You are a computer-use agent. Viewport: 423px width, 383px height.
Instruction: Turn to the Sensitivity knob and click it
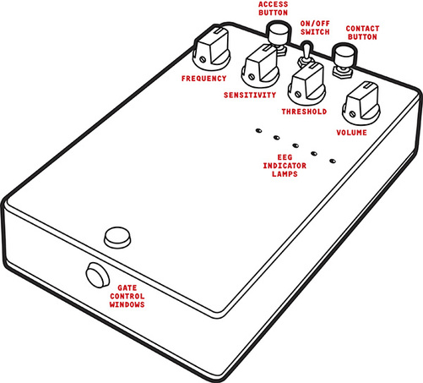260,65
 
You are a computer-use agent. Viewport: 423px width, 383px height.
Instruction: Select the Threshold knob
306,84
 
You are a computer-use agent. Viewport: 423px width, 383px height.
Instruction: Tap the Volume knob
361,103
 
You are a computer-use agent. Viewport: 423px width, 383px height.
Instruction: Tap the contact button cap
344,55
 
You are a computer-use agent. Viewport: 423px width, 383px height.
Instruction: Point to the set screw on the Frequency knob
203,59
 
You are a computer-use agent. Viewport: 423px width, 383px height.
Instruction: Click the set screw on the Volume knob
352,114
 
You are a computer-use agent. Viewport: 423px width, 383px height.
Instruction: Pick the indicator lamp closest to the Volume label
333,161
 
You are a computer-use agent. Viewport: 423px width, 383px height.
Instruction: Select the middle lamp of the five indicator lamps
296,145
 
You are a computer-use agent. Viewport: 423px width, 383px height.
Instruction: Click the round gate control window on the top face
117,238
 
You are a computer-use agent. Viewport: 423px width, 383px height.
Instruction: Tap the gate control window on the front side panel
97,275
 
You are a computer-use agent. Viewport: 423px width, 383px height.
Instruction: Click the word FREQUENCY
204,79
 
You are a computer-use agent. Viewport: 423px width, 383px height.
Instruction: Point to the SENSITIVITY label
250,95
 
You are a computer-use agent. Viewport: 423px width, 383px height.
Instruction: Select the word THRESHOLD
304,112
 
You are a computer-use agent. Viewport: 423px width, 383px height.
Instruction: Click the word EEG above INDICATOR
285,157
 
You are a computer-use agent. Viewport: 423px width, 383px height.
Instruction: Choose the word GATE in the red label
127,287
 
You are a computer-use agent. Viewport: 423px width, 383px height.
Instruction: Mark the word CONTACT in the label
362,29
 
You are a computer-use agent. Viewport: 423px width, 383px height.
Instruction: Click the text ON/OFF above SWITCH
315,24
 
